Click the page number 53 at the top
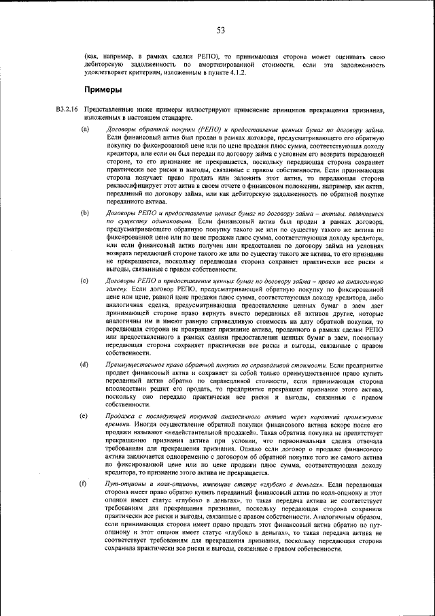point(221,29)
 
